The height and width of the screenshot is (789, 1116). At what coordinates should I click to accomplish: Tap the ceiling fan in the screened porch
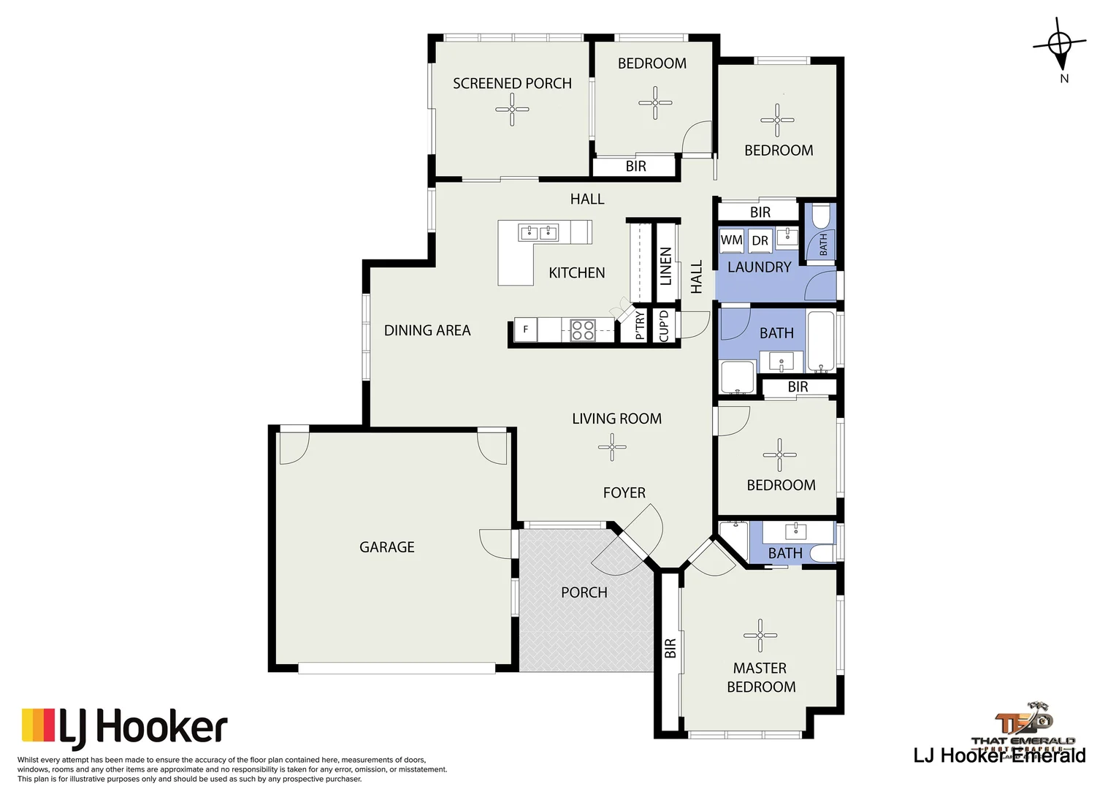tap(512, 110)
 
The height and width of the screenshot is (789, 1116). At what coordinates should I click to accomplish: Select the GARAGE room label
tap(386, 547)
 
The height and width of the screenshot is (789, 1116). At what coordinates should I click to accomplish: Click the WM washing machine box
tap(731, 240)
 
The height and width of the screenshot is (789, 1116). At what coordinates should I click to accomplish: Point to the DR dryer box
tap(760, 240)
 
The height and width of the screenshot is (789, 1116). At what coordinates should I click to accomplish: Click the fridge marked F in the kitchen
tap(525, 329)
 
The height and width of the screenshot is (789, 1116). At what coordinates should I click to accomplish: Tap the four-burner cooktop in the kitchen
tap(582, 330)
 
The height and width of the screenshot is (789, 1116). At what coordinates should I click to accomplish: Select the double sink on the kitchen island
tap(538, 233)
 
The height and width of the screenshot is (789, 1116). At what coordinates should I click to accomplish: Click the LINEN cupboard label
tap(665, 266)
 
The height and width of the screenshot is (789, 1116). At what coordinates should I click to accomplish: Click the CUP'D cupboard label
tap(663, 326)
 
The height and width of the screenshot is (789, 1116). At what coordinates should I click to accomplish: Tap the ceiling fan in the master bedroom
tap(760, 636)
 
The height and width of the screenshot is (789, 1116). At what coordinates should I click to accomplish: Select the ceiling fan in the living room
tap(612, 447)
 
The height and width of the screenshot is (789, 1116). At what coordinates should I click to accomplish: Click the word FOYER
tap(624, 493)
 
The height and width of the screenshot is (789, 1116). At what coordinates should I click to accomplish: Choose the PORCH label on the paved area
tap(584, 592)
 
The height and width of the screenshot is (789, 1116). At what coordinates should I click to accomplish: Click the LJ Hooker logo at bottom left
tap(124, 728)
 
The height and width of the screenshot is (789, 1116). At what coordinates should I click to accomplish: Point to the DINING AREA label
tap(427, 330)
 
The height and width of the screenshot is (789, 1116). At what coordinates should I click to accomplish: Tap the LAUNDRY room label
tap(759, 267)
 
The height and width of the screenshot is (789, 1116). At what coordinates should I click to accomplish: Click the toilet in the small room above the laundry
tap(821, 217)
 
